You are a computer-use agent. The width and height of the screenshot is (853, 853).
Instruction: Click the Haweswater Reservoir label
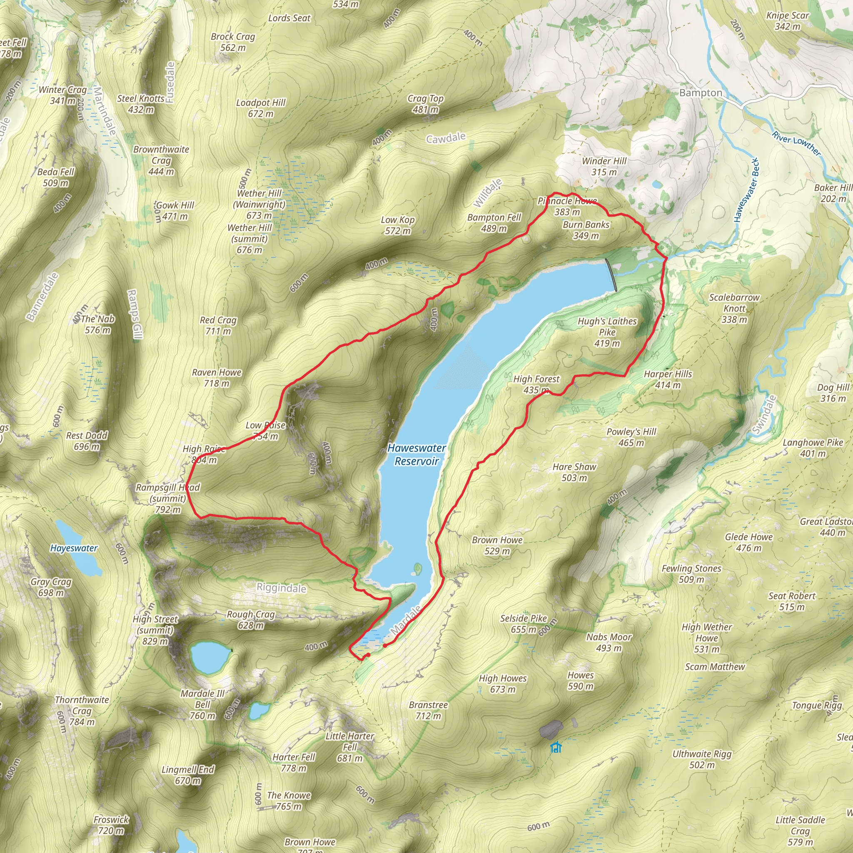pyautogui.click(x=417, y=454)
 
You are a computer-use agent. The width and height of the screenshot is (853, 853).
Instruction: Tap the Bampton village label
pyautogui.click(x=701, y=93)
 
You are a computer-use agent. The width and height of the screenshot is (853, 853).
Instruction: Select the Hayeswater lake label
pyautogui.click(x=74, y=548)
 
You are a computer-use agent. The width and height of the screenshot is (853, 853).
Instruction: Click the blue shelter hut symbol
pyautogui.click(x=556, y=748)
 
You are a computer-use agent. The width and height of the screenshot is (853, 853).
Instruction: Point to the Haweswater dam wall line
pyautogui.click(x=611, y=275)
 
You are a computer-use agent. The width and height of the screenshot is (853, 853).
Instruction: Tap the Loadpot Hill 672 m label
pyautogui.click(x=260, y=108)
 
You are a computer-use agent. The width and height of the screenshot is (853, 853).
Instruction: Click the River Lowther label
pyautogui.click(x=796, y=144)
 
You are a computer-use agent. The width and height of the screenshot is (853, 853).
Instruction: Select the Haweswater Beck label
pyautogui.click(x=746, y=190)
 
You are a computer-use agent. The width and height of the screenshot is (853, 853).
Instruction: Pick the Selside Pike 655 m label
pyautogui.click(x=523, y=624)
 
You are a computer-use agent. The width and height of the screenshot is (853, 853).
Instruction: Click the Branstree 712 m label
pyautogui.click(x=428, y=711)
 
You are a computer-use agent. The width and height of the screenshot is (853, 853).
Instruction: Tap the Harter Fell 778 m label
pyautogui.click(x=294, y=763)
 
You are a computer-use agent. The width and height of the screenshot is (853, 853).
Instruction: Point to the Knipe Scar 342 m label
pyautogui.click(x=788, y=21)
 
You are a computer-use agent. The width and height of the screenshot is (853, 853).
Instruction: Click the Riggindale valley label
pyautogui.click(x=281, y=588)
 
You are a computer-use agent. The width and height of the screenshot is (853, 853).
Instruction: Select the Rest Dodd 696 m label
pyautogui.click(x=87, y=441)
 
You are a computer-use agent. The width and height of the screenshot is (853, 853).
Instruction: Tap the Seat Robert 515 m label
pyautogui.click(x=792, y=601)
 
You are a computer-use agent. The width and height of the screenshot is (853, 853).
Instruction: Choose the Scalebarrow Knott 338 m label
pyautogui.click(x=734, y=308)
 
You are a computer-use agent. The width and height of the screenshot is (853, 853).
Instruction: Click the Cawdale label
pyautogui.click(x=446, y=138)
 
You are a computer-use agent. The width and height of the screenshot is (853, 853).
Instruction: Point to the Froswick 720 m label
pyautogui.click(x=111, y=825)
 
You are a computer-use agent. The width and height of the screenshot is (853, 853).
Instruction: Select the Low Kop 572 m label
pyautogui.click(x=397, y=225)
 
